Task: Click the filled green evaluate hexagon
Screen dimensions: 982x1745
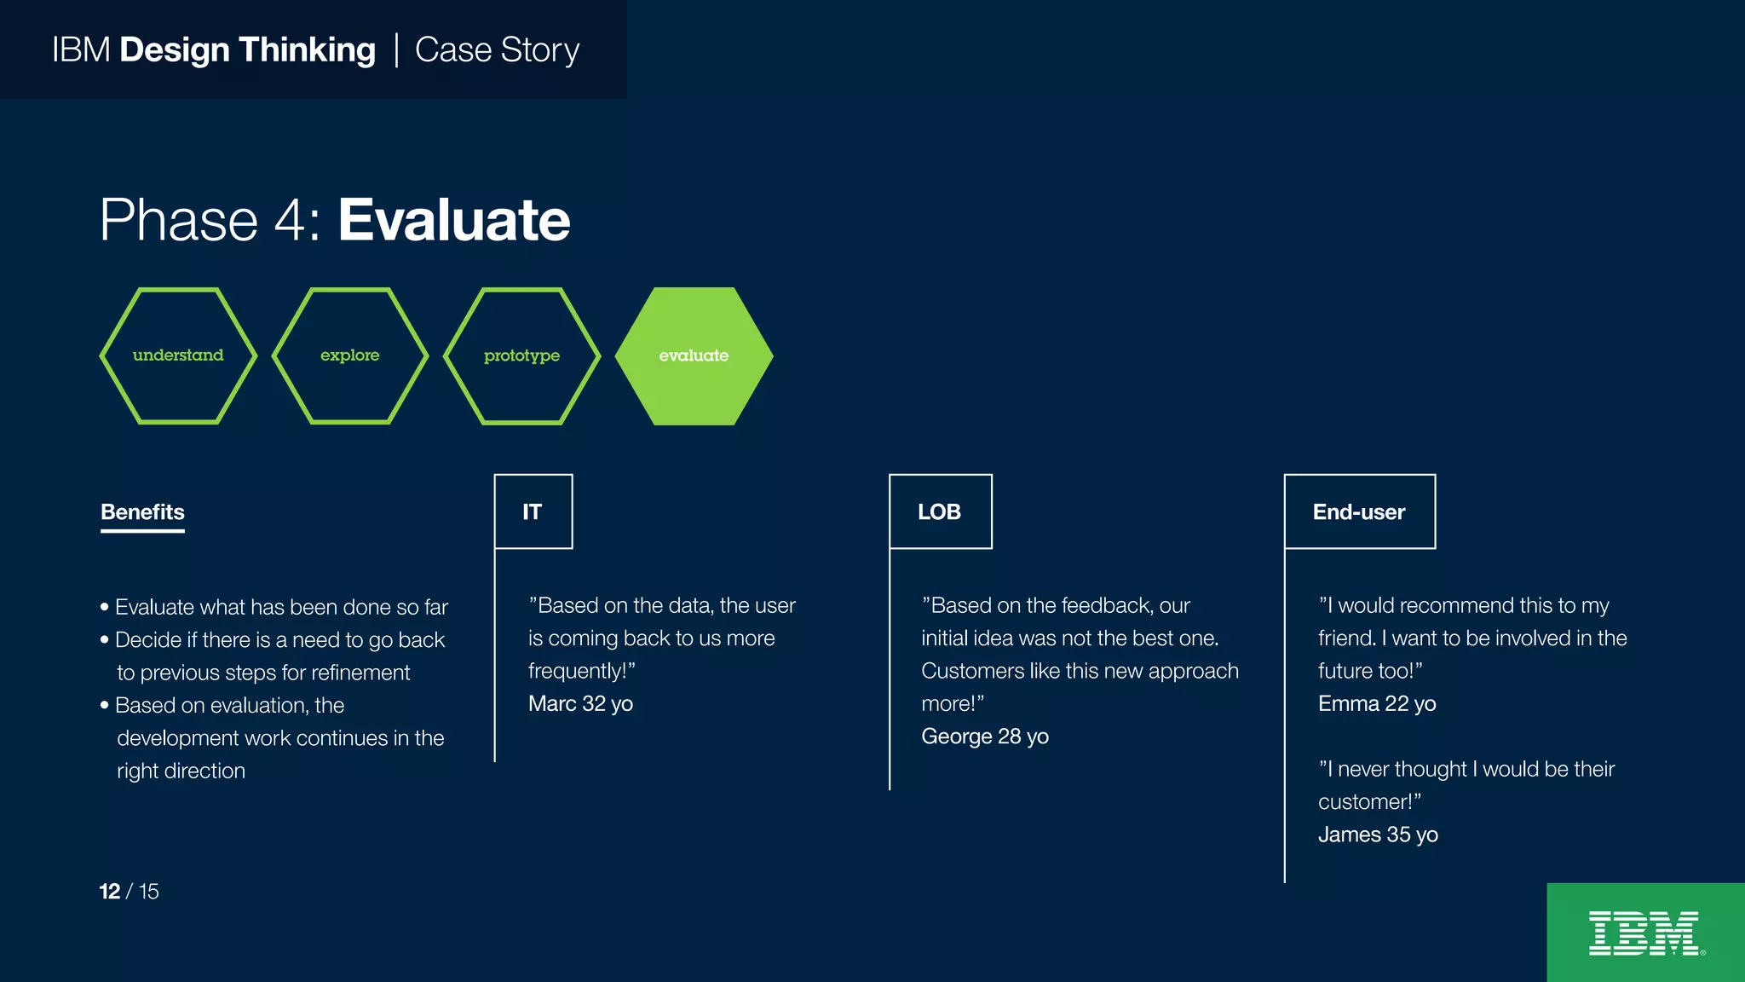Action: click(x=694, y=356)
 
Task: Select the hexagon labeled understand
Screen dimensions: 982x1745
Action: click(x=178, y=355)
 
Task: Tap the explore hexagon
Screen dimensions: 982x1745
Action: click(x=349, y=355)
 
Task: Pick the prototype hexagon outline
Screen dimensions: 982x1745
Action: click(x=521, y=355)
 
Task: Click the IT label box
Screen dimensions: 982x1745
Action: click(x=533, y=511)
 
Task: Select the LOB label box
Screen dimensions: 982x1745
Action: click(x=940, y=511)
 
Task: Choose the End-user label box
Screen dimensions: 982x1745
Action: click(x=1359, y=511)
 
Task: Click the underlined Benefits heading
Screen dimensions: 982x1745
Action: click(x=142, y=511)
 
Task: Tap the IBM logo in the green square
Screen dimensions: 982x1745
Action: click(x=1644, y=933)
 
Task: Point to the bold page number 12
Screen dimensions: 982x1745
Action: click(x=109, y=892)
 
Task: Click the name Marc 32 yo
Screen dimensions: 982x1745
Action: click(x=580, y=704)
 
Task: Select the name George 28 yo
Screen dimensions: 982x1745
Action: click(x=984, y=736)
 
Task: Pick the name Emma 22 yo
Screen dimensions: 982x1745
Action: click(x=1376, y=704)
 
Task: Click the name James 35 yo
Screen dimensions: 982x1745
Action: click(x=1378, y=835)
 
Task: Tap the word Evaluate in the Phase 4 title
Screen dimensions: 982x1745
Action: click(x=453, y=220)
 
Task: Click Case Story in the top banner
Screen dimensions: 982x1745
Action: click(x=497, y=50)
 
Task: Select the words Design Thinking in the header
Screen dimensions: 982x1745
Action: click(x=247, y=50)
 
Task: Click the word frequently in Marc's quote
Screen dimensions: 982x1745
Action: click(x=577, y=671)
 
